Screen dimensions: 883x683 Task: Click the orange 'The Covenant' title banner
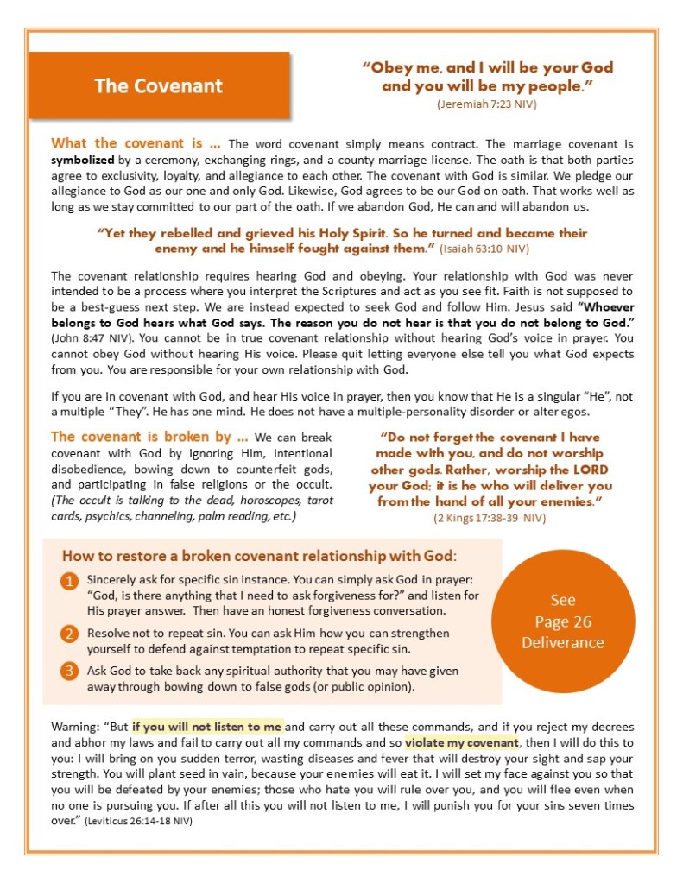(159, 85)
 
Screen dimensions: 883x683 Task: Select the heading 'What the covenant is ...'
(136, 144)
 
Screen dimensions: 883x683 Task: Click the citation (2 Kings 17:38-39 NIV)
(490, 518)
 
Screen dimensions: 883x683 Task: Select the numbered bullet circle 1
(69, 582)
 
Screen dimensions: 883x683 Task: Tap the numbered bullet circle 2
(69, 634)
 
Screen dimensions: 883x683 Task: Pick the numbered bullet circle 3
(69, 671)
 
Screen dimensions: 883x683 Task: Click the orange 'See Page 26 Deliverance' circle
(562, 621)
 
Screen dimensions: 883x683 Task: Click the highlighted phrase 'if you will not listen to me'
(207, 727)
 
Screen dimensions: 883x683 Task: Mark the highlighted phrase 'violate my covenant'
(462, 742)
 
